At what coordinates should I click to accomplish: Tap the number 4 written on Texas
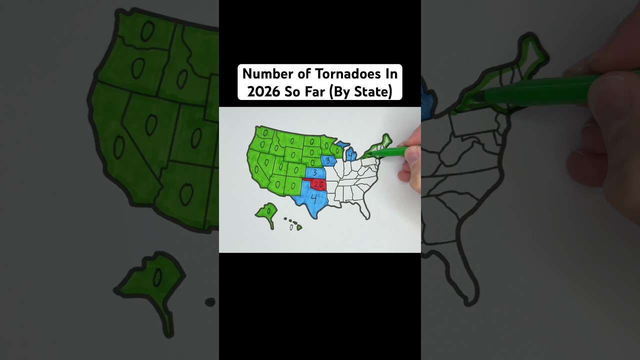click(314, 198)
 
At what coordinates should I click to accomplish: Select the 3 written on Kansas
click(315, 172)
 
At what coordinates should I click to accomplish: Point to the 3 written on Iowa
click(327, 160)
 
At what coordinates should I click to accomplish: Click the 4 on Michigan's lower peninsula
click(351, 156)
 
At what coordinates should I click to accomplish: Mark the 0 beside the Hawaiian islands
click(291, 227)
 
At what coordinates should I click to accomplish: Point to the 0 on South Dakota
click(311, 151)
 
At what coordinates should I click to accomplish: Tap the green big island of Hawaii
click(299, 228)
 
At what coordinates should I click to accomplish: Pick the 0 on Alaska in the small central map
click(268, 211)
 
